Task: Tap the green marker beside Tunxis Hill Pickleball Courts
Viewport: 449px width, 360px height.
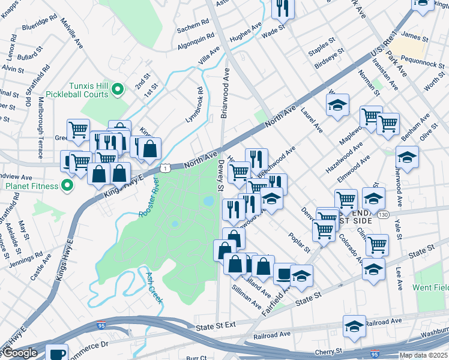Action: tap(118, 91)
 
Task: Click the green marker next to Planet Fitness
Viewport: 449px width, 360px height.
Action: tap(67, 186)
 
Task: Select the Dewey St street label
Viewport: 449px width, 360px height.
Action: tap(220, 176)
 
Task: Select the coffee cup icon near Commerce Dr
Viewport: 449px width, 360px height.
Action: tap(56, 354)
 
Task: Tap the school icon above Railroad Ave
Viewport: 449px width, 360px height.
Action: tap(354, 326)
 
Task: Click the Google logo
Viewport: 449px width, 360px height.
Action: tap(19, 353)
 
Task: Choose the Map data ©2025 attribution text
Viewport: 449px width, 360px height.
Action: tap(423, 355)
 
